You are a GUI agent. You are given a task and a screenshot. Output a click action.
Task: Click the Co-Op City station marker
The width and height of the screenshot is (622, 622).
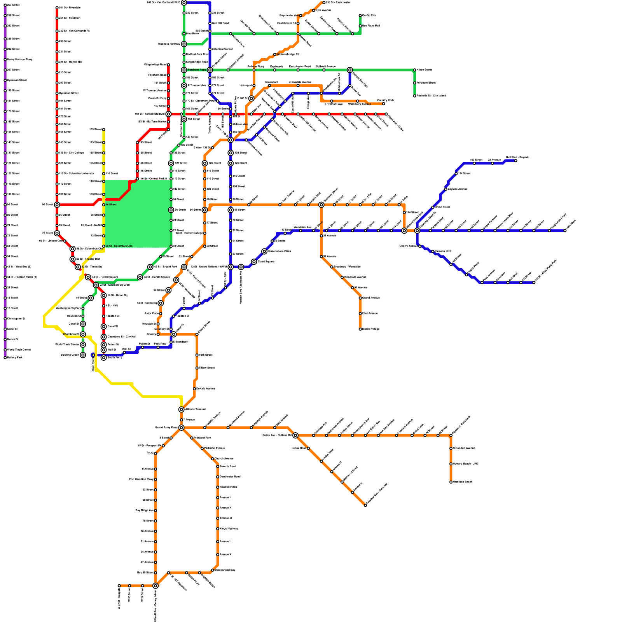[x=360, y=16]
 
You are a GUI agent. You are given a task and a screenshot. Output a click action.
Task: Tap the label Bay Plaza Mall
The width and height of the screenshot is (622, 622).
[x=371, y=26]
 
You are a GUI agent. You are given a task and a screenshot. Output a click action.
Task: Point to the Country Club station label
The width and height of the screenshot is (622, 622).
[x=385, y=100]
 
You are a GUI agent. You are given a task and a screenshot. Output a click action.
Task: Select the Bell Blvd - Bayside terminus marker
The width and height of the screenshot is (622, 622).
[x=516, y=161]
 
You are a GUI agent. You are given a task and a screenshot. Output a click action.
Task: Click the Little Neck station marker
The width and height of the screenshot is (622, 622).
[x=565, y=231]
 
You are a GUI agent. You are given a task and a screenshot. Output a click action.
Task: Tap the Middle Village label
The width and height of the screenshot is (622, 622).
[x=370, y=329]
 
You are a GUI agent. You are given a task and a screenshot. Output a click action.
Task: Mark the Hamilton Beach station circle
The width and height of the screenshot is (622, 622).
[x=451, y=482]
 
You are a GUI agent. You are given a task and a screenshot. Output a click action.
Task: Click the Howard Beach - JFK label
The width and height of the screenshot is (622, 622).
[x=465, y=464]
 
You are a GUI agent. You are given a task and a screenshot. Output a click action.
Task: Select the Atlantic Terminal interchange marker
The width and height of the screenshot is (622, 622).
[x=182, y=409]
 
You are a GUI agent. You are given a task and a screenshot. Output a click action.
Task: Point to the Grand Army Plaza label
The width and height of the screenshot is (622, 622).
[x=166, y=428]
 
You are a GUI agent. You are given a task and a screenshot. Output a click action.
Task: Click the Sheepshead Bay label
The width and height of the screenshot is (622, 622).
[x=225, y=570]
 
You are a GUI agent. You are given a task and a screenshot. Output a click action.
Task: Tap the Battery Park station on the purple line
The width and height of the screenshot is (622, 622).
[x=5, y=358]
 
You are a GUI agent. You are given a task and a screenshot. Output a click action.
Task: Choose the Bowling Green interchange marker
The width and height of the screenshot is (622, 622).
[x=83, y=355]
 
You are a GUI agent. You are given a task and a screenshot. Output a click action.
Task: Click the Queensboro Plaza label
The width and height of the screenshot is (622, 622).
[x=280, y=252]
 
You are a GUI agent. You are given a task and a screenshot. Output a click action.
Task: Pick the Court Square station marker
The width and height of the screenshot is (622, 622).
[x=254, y=262]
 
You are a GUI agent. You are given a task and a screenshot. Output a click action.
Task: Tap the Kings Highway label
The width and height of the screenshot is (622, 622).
[x=229, y=529]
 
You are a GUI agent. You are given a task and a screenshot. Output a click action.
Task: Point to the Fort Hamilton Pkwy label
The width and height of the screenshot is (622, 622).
[x=142, y=479]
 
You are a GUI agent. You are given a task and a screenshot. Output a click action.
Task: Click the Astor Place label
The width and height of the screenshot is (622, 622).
[x=152, y=314]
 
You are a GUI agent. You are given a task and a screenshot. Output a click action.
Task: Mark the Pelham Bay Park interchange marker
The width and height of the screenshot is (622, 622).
[x=350, y=70]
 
